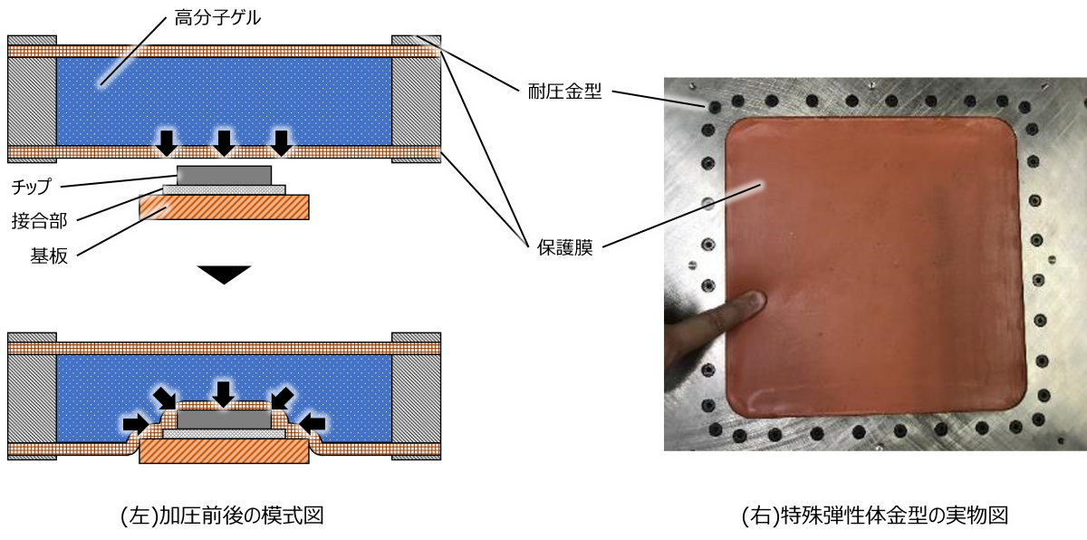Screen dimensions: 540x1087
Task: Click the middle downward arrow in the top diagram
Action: click(x=224, y=142)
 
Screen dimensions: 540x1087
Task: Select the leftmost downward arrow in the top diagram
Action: click(x=167, y=142)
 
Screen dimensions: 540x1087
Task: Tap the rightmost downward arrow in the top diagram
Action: click(x=282, y=142)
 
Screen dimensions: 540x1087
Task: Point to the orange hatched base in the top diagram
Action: click(x=224, y=207)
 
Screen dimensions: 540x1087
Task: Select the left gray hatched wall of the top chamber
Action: click(x=32, y=100)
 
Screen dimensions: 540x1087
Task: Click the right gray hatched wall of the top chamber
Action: click(x=416, y=100)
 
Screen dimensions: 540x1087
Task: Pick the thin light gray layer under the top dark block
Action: click(x=224, y=190)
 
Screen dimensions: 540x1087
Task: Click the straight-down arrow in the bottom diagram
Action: click(x=224, y=393)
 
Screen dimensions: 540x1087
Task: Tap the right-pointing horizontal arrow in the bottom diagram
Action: click(x=136, y=423)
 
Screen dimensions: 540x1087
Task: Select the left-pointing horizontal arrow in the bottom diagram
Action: click(x=313, y=423)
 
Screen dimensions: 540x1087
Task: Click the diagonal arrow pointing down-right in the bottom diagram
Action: click(x=166, y=397)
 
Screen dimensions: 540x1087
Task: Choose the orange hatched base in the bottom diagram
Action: click(x=224, y=451)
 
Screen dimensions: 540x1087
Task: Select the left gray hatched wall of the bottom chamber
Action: click(x=32, y=394)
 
